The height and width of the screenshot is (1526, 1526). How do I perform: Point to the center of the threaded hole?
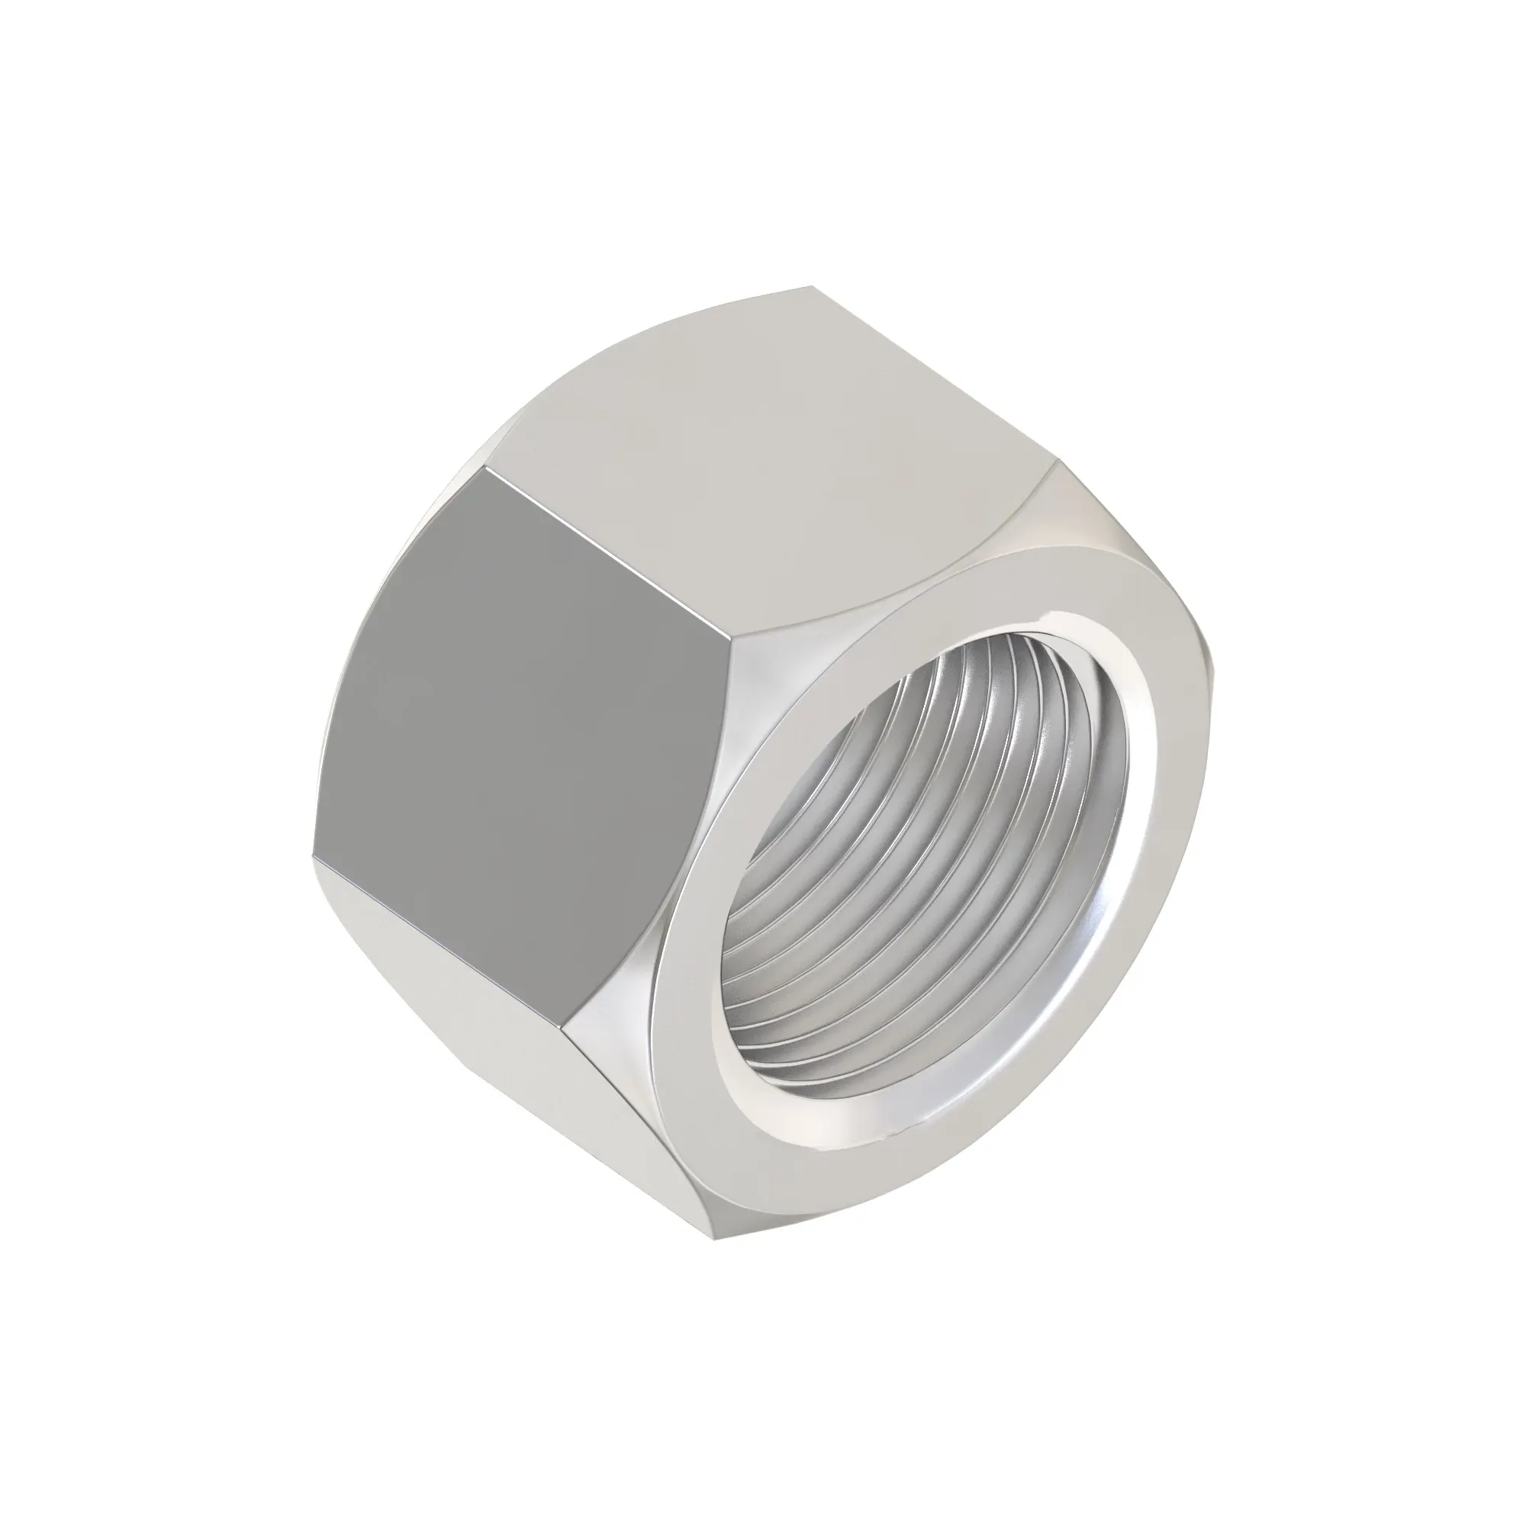point(924,853)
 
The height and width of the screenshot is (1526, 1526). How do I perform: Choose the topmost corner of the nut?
point(813,286)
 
